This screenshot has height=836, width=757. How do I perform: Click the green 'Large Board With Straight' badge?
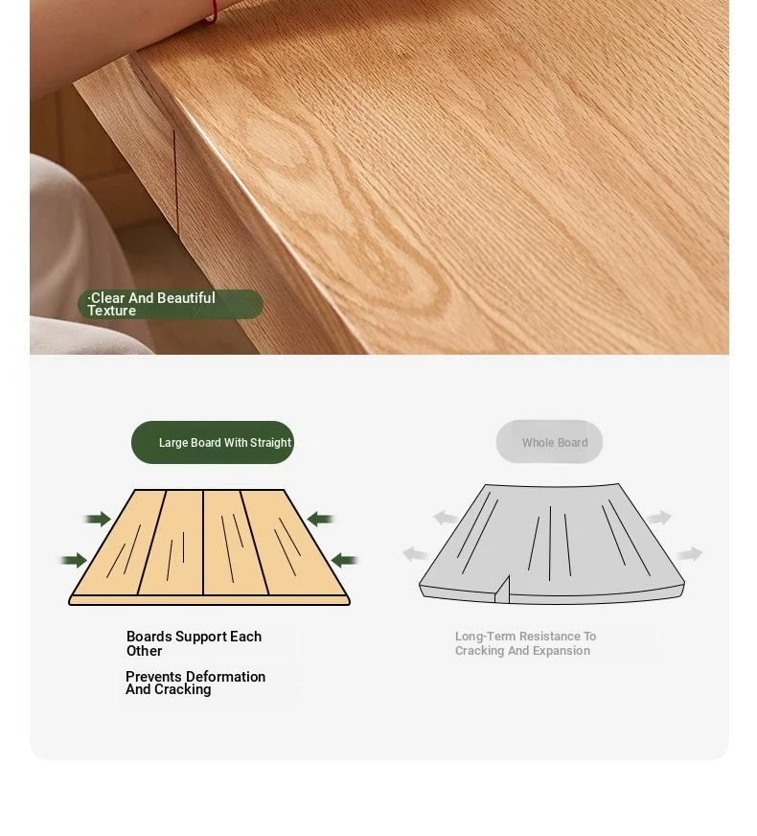click(213, 442)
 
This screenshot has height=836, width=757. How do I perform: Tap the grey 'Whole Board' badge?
click(549, 441)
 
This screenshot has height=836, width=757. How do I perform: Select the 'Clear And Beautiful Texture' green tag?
click(171, 305)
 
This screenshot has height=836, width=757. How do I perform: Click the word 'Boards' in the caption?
click(149, 637)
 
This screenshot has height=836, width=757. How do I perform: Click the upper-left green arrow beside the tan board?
click(98, 519)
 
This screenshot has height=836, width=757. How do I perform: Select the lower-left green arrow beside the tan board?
click(74, 560)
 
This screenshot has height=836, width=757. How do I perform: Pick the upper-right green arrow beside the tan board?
click(320, 519)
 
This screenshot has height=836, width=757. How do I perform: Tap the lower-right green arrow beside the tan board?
click(344, 560)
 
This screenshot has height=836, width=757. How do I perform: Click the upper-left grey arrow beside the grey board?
click(445, 518)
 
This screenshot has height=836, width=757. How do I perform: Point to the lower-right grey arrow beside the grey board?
click(690, 554)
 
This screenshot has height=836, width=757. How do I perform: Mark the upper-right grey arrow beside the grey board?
click(659, 518)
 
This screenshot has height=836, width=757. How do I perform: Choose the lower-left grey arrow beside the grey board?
click(416, 554)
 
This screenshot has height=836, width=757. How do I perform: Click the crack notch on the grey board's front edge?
click(502, 590)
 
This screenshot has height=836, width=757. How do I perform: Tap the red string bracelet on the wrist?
click(213, 12)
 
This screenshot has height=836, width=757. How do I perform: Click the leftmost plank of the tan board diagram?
click(118, 543)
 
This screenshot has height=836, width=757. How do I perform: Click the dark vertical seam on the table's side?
click(175, 181)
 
